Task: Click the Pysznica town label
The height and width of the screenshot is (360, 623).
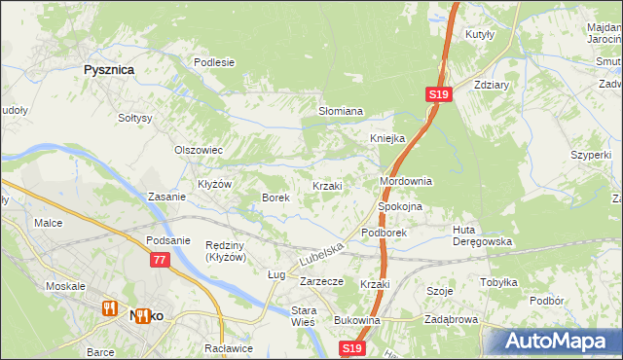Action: point(108,70)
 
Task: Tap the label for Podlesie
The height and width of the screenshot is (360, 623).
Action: point(214,62)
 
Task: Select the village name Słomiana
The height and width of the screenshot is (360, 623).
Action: point(341,111)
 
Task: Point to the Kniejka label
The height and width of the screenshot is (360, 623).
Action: point(386,138)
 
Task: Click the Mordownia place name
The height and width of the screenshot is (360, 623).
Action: point(405,182)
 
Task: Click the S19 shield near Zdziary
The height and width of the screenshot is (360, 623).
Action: point(438,94)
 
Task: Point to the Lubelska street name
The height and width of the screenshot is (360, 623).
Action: point(322,256)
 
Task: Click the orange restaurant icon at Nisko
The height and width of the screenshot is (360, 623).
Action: point(111,309)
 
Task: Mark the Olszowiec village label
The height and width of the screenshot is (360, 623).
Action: point(199,150)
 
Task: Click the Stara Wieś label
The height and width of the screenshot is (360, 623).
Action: point(305,317)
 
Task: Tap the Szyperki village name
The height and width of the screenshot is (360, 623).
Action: point(591,155)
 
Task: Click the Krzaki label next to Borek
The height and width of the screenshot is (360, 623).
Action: point(326,186)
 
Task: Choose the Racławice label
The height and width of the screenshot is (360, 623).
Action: point(229,347)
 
